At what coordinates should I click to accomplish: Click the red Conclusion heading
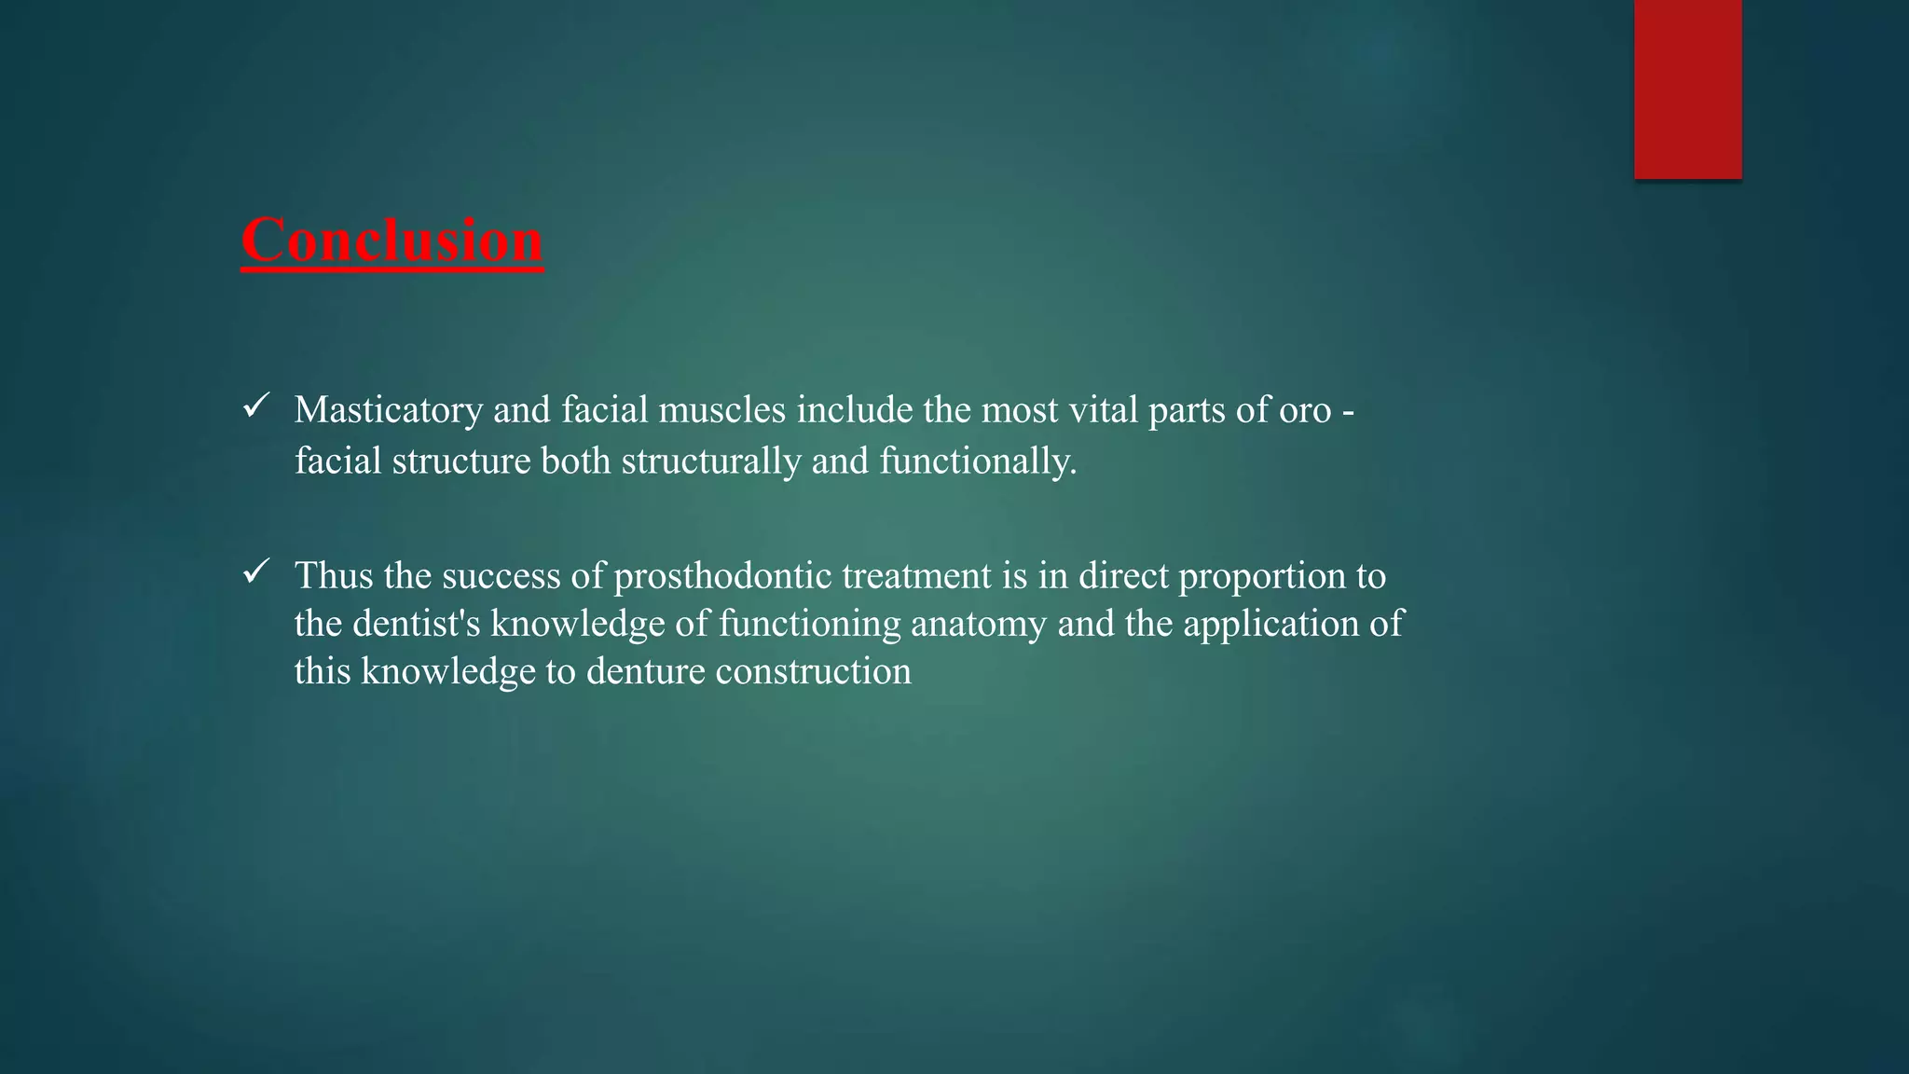pos(391,241)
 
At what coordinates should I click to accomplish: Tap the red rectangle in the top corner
pos(1687,89)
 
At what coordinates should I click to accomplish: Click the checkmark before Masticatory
pos(255,406)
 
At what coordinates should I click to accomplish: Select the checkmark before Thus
pos(255,571)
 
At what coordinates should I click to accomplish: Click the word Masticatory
pos(388,410)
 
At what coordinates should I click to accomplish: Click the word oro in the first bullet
pos(1304,410)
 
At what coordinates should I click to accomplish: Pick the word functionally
pos(978,461)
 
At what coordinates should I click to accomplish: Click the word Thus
pos(334,576)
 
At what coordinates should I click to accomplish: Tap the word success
pos(501,576)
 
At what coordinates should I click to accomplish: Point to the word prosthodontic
pos(722,576)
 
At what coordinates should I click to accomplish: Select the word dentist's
pos(416,624)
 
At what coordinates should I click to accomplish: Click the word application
pos(1270,624)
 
